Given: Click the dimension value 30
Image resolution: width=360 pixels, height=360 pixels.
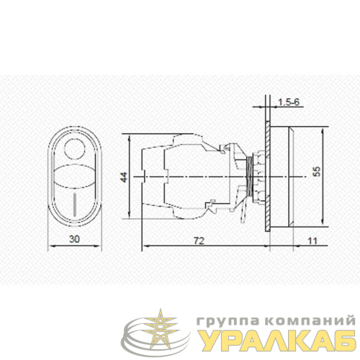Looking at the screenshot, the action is coord(74,239).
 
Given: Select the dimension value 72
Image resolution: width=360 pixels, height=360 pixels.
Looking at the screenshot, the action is coord(199,240).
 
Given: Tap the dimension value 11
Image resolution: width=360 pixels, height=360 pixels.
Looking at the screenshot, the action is coord(312,240).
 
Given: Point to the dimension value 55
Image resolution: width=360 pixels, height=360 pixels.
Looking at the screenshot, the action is coord(317,171).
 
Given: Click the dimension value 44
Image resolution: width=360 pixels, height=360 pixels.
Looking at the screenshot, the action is coord(124,177).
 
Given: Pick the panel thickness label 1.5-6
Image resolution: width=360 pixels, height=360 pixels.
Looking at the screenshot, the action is coord(289,102).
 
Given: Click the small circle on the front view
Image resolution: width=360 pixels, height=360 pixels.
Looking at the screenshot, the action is coord(75,149).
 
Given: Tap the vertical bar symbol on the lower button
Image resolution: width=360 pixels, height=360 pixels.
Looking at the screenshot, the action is coord(75,204).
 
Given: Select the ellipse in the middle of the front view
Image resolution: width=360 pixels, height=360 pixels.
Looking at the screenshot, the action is coord(75,175).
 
